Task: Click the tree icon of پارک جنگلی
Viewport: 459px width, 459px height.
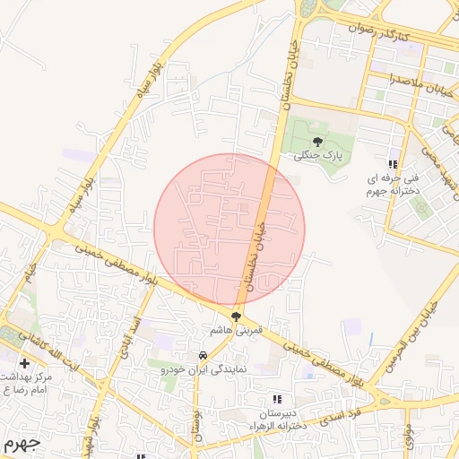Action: coord(317,142)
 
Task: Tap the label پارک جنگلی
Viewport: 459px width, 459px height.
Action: coord(317,155)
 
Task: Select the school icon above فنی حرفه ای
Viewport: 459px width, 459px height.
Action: coord(392,164)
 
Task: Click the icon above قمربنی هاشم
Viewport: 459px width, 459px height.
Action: coord(236,316)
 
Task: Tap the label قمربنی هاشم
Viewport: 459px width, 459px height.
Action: coord(235,331)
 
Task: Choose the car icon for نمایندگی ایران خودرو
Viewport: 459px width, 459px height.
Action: coord(203,355)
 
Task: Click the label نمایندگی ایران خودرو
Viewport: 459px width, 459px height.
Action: coord(203,368)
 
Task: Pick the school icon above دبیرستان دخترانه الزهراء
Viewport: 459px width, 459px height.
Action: coord(277,398)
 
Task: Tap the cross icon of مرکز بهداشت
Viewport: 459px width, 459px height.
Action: coord(24,363)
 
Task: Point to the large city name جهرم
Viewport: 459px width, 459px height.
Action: coord(22,444)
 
